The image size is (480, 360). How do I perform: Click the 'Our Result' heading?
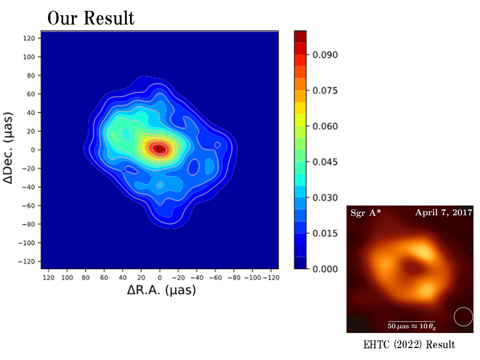(x=91, y=18)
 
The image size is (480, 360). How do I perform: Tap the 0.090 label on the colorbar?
(x=325, y=54)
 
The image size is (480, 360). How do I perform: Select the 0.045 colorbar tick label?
(x=325, y=162)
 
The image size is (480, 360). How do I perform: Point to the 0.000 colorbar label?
(x=325, y=269)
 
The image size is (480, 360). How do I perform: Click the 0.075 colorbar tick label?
(x=325, y=90)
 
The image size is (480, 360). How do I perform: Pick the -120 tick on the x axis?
(x=270, y=277)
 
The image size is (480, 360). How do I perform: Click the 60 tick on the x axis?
(x=104, y=277)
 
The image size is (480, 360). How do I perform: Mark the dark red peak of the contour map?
(x=159, y=148)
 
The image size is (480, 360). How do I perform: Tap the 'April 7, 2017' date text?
(x=443, y=212)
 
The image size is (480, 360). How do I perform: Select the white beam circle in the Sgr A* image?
(x=463, y=317)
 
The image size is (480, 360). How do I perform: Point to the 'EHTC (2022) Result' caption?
(x=409, y=344)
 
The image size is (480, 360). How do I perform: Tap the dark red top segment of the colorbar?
(x=300, y=36)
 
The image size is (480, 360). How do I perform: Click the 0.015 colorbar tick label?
(x=325, y=233)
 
